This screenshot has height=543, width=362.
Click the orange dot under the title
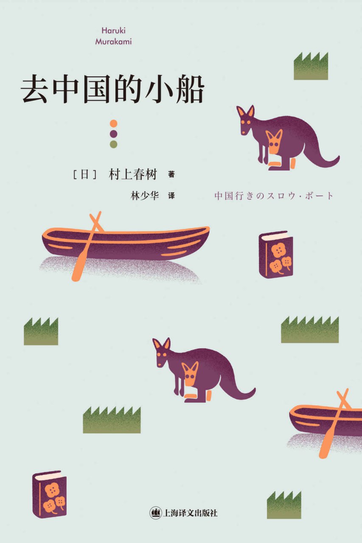113,124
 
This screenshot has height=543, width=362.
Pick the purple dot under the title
113,134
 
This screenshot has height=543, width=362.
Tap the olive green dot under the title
113,144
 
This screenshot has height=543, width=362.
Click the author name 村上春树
133,174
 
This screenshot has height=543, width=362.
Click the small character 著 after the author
171,174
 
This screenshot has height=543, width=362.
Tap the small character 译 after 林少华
171,196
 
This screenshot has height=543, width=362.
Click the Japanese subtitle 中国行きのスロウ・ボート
274,196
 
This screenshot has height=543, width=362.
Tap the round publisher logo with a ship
155,512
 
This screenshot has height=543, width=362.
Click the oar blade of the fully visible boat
78,270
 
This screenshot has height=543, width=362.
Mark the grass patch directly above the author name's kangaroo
311,66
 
